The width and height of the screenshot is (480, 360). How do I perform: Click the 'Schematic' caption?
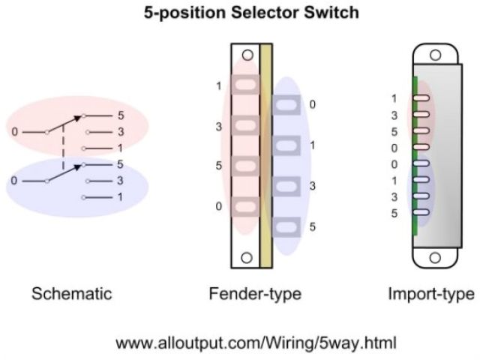(71, 293)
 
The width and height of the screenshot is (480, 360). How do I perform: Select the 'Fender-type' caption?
(255, 293)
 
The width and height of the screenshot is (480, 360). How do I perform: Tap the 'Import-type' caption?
(430, 293)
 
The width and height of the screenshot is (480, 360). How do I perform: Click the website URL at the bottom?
(256, 343)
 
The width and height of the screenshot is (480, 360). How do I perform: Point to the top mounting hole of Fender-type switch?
(246, 54)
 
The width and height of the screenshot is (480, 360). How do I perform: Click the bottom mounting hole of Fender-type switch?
(246, 257)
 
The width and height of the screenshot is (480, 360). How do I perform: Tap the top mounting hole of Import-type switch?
(435, 54)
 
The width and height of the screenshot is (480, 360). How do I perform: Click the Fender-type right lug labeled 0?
(286, 106)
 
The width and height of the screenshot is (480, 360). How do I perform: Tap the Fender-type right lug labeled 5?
(286, 226)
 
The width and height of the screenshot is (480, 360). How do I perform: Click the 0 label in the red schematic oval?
(15, 132)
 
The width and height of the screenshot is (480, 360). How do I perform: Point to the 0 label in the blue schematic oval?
(15, 181)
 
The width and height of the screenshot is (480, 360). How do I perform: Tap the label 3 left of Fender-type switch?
(219, 127)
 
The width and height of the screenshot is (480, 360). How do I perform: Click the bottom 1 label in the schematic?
(120, 197)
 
